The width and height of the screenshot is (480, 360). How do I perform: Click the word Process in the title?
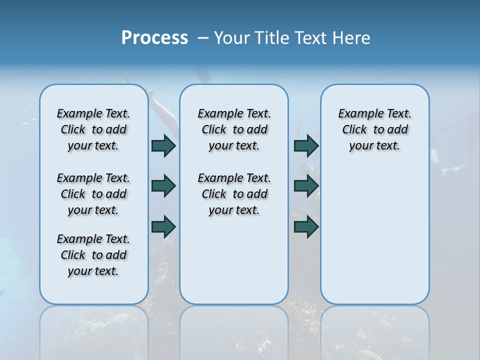[x=154, y=38]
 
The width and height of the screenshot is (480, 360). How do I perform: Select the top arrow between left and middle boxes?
[x=163, y=145]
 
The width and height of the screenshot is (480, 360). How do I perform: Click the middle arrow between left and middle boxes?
[x=163, y=186]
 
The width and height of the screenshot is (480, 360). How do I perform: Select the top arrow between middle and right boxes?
[x=306, y=145]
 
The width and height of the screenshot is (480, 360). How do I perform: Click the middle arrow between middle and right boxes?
[x=306, y=186]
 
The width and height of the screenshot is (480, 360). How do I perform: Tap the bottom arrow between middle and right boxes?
[x=306, y=226]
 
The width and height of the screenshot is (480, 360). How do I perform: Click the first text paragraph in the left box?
[x=93, y=129]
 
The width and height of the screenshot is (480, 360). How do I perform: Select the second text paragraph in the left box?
[x=93, y=194]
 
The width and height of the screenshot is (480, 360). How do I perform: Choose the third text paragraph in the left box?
[x=93, y=255]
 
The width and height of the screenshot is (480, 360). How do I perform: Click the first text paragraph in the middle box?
[x=234, y=129]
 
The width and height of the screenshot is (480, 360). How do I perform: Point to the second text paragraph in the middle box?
[x=234, y=194]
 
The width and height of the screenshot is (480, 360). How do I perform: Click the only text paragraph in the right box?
[x=374, y=129]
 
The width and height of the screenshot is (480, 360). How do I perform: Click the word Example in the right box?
[x=357, y=114]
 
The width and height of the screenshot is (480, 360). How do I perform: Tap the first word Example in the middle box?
[x=216, y=114]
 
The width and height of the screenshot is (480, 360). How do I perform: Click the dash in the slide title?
[x=203, y=38]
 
